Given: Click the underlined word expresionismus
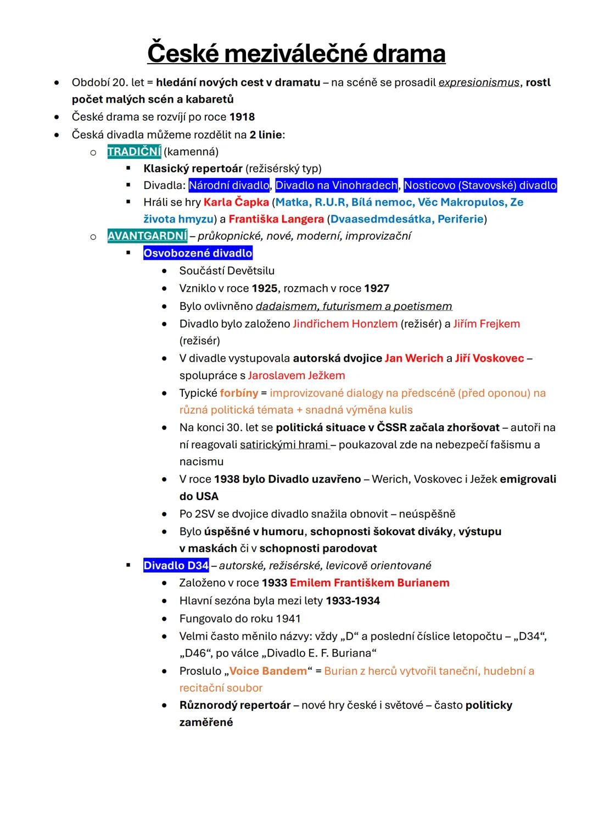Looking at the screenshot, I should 479,82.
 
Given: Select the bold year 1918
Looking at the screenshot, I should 242,117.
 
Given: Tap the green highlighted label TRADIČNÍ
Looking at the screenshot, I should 134,151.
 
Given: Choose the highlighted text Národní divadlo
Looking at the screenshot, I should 229,185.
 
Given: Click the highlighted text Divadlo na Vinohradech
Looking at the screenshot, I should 336,185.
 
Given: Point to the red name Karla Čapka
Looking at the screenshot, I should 236,202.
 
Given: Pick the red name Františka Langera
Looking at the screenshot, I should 276,219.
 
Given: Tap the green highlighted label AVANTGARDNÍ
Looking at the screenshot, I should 147,236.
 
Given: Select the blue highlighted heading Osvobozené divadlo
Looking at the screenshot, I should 198,253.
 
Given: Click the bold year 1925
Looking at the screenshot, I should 265,288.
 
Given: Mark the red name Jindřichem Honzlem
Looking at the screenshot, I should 345,324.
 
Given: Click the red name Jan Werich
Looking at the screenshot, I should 414,358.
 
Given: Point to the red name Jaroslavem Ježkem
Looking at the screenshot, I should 296,375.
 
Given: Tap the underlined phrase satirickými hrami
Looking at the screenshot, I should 284,444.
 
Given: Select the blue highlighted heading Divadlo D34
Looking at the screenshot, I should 176,565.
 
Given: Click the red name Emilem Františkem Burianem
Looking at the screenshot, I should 370,583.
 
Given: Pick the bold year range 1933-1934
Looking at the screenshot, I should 353,601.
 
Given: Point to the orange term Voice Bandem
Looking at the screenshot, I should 268,671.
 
